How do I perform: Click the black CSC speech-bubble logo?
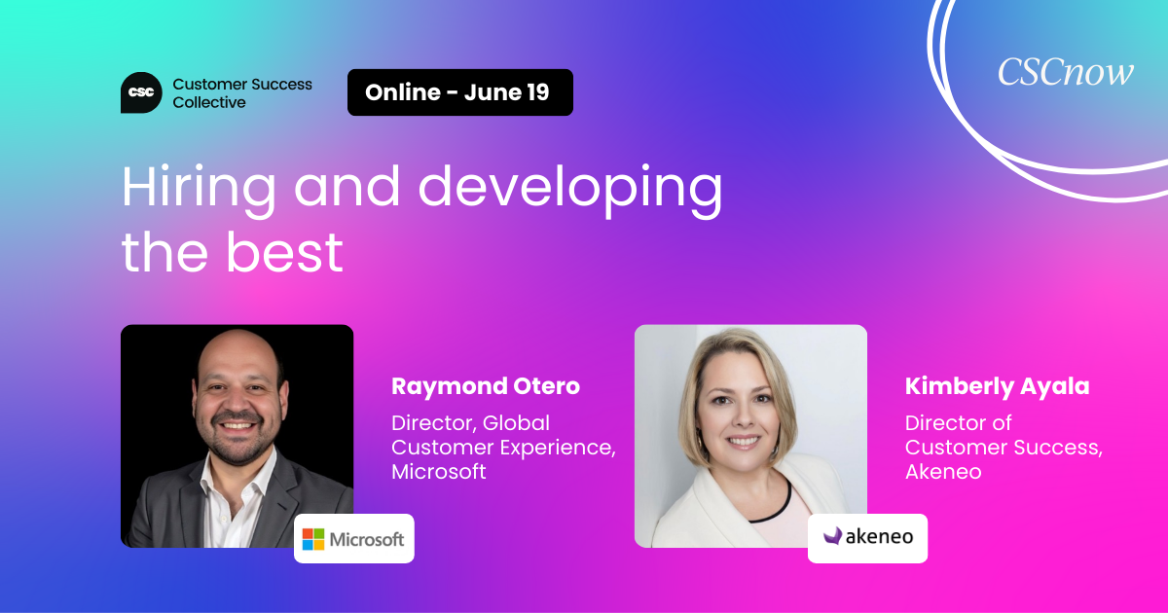pos(141,92)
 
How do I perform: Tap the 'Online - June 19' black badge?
pos(459,92)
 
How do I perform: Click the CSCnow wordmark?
pos(1065,72)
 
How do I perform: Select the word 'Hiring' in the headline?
pos(199,188)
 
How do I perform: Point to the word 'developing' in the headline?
pos(570,188)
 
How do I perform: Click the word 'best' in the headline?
pos(284,253)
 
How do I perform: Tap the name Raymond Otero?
pos(486,385)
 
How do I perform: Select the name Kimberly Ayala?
pos(997,385)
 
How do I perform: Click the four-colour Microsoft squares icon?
pos(313,539)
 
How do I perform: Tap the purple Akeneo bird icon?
pos(833,536)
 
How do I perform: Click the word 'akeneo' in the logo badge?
pos(879,536)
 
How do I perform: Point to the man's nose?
pos(237,401)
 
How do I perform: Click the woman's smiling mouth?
pos(744,442)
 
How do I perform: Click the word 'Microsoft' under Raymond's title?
pos(439,472)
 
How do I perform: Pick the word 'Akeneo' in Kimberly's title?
pos(943,472)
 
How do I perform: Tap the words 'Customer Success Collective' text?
pos(242,93)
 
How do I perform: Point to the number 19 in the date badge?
pos(537,92)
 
